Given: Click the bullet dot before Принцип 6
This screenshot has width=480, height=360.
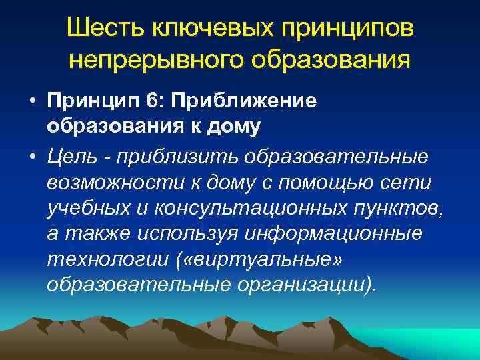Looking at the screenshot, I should click(x=33, y=102).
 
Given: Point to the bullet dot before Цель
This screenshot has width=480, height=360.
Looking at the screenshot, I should click(x=33, y=157).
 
